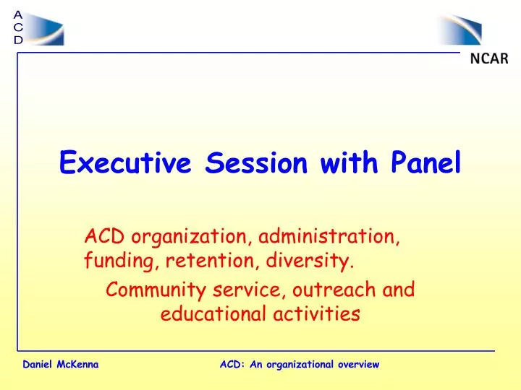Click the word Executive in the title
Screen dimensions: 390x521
point(125,164)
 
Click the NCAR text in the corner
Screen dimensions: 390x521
point(489,59)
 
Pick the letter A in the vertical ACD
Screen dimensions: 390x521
point(18,14)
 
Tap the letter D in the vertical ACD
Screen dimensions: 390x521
point(18,40)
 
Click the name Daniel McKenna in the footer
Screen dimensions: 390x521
point(61,365)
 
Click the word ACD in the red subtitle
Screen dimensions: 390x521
point(100,236)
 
